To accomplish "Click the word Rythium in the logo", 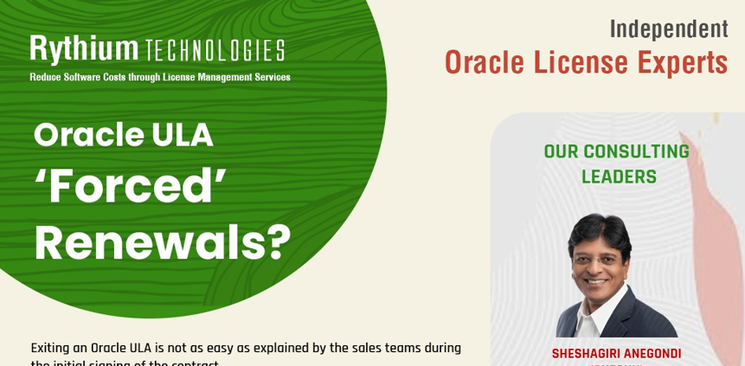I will click(x=84, y=49).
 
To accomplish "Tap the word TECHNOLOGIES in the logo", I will click(x=215, y=51).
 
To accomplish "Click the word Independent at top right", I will click(x=669, y=29).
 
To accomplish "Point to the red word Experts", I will click(x=683, y=62).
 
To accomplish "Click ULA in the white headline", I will click(x=183, y=134).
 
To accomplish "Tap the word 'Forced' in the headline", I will click(x=130, y=186).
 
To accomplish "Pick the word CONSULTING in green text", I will click(x=636, y=151).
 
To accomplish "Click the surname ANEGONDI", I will click(x=652, y=353).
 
